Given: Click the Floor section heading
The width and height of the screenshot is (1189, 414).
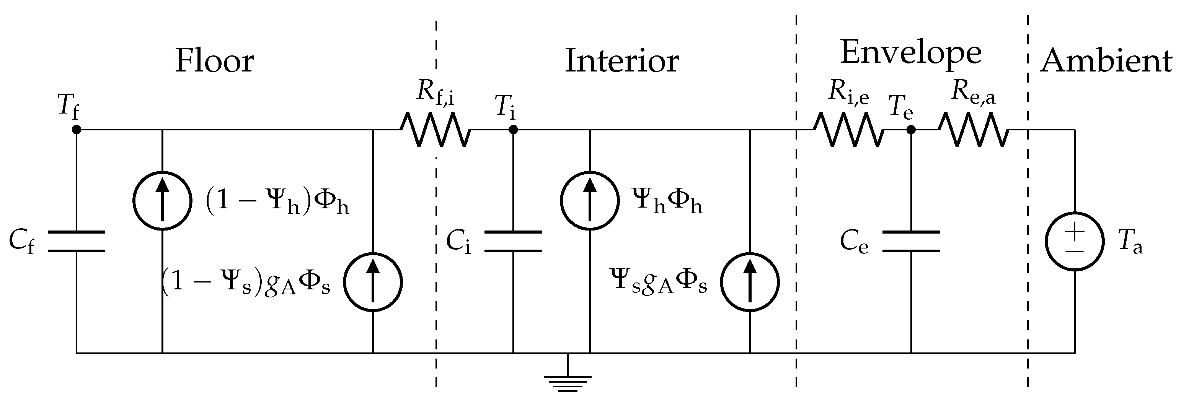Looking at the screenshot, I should pos(215,61).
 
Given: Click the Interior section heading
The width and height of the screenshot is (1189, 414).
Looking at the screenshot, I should pos(622,61).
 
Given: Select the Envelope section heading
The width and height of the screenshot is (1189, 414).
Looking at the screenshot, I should pos(910,52).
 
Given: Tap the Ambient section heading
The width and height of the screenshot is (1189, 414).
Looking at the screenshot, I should pos(1106,61).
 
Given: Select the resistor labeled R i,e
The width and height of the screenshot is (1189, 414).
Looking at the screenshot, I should pos(848,130).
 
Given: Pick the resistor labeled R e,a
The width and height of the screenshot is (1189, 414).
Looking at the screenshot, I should pos(974,130).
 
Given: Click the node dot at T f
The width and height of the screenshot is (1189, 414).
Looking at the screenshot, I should pos(77,130).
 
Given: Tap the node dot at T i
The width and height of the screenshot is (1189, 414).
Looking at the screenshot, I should pos(513,130).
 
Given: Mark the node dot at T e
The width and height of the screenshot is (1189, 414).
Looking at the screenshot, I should pos(911,130).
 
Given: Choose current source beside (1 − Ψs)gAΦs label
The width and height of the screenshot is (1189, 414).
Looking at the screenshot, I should pos(373,282).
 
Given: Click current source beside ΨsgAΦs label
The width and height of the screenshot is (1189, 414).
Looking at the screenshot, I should pos(750,282).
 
